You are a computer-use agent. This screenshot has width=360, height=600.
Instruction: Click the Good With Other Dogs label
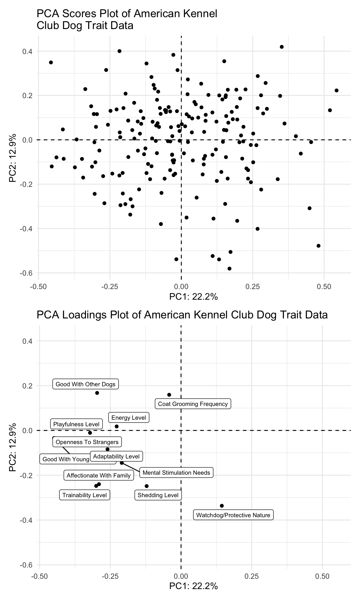click(x=86, y=384)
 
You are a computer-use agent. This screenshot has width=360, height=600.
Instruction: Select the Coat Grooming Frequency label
click(x=193, y=404)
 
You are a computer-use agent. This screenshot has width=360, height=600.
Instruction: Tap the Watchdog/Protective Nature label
click(x=233, y=515)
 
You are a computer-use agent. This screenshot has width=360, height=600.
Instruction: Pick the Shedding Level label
click(x=158, y=495)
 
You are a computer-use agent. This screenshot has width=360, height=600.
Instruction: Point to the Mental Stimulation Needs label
click(x=176, y=472)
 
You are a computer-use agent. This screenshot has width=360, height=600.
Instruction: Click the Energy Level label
click(x=129, y=417)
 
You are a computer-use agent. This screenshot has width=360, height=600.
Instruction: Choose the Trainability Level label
click(x=84, y=495)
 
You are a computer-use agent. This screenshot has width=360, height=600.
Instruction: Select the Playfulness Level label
click(x=77, y=424)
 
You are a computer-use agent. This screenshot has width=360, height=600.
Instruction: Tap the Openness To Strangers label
click(x=87, y=442)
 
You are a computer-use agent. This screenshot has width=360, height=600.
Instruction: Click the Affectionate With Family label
click(x=99, y=476)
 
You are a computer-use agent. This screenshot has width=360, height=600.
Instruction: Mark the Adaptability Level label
click(x=116, y=456)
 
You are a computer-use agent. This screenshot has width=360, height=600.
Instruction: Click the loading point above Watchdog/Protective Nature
click(x=222, y=506)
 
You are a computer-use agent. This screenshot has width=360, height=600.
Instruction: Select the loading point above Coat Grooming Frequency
click(x=169, y=395)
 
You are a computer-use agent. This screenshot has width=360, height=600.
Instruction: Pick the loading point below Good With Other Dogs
click(x=97, y=393)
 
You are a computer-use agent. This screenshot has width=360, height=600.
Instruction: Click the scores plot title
click(x=127, y=19)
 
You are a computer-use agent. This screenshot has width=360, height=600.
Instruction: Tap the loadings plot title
click(x=182, y=315)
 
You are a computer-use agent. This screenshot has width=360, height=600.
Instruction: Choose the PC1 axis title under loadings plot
click(x=193, y=586)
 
